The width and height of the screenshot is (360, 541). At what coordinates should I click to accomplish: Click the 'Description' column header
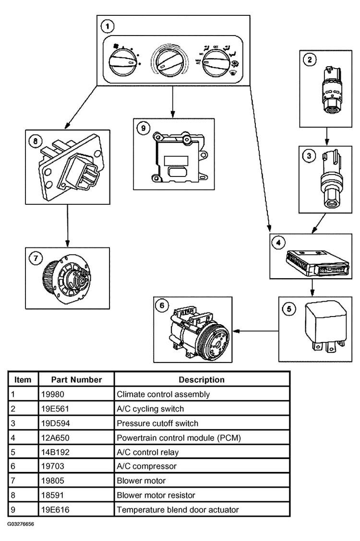(x=202, y=379)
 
